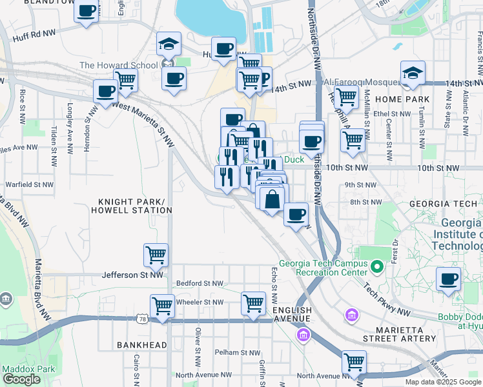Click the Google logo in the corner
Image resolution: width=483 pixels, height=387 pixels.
(21, 379)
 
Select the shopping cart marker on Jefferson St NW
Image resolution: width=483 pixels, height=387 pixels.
(156, 255)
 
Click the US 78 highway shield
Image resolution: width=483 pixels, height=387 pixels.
(142, 319)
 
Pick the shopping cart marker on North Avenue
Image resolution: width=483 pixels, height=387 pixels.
(354, 362)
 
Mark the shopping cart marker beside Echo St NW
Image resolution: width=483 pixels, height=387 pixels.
(253, 303)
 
